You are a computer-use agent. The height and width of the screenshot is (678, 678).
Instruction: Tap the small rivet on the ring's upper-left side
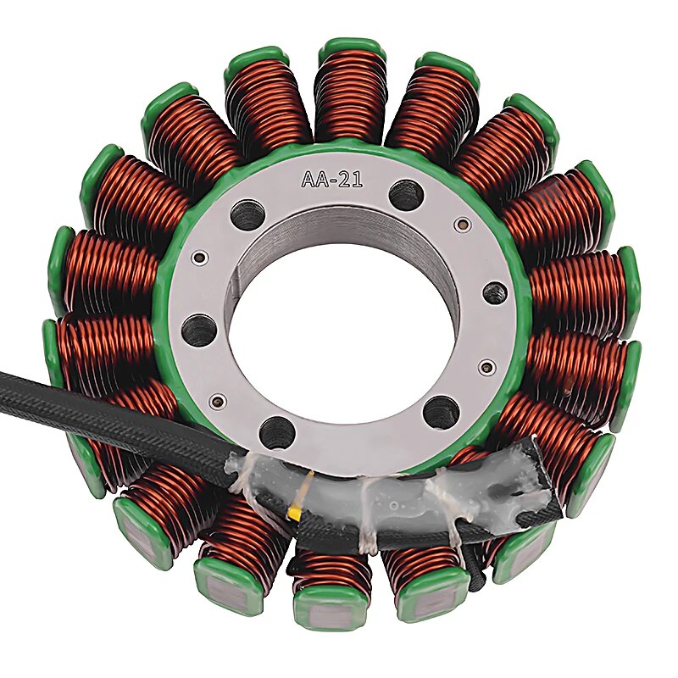coord(201,257)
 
